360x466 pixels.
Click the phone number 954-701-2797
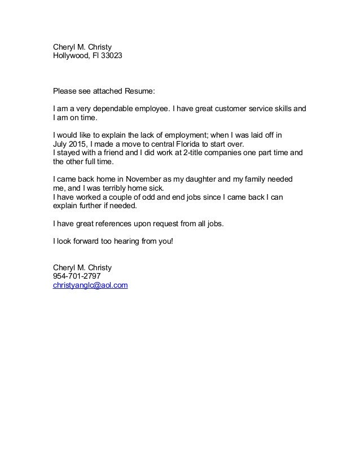78,276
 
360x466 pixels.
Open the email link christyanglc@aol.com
90,286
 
